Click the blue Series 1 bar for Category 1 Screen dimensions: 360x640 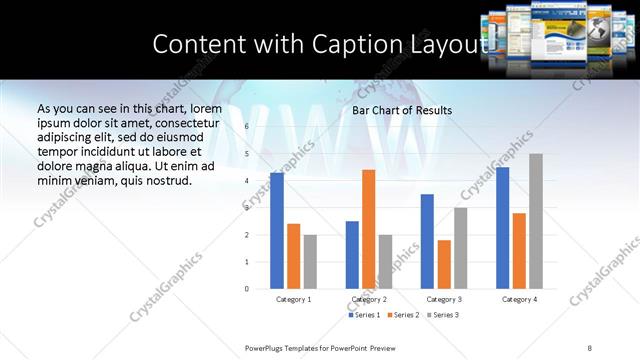coord(277,231)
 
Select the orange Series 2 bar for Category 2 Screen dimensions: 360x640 coord(368,229)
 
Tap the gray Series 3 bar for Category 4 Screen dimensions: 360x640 coord(536,221)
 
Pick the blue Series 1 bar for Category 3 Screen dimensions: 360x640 coord(427,241)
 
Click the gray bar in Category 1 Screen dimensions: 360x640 coord(310,261)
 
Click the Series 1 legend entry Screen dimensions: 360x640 coord(364,315)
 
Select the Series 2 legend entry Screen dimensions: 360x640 coord(402,315)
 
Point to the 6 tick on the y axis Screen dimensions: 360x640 coord(247,127)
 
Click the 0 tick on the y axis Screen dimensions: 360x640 coord(247,289)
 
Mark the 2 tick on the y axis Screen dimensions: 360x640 coord(247,235)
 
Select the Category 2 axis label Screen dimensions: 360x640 coord(369,299)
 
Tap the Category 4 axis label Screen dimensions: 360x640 coord(519,299)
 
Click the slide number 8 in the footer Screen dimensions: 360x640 coord(589,347)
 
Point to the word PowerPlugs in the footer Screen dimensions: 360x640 coord(266,347)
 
